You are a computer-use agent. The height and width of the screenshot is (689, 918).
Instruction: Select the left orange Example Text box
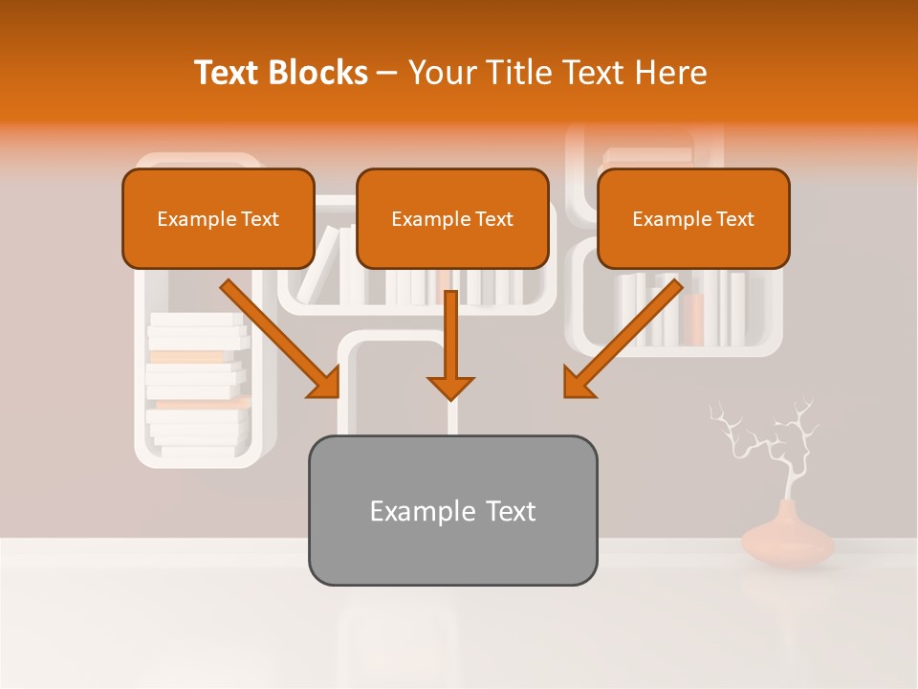pos(218,218)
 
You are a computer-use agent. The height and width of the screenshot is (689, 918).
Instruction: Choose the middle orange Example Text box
pos(452,218)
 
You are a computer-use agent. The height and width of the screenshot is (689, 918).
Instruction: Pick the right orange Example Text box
pos(693,218)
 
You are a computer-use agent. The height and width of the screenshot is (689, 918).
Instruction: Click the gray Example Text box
pos(452,510)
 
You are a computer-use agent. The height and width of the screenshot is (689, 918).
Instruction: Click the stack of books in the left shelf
pos(196,383)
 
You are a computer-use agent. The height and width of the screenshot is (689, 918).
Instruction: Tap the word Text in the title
pos(229,73)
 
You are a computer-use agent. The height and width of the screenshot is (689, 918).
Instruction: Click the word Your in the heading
pos(441,73)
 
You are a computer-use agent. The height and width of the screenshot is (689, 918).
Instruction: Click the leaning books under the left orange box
pos(320,263)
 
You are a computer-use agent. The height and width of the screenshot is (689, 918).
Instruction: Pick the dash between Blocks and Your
pos(387,73)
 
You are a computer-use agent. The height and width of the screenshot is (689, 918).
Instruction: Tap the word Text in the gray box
pos(510,511)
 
